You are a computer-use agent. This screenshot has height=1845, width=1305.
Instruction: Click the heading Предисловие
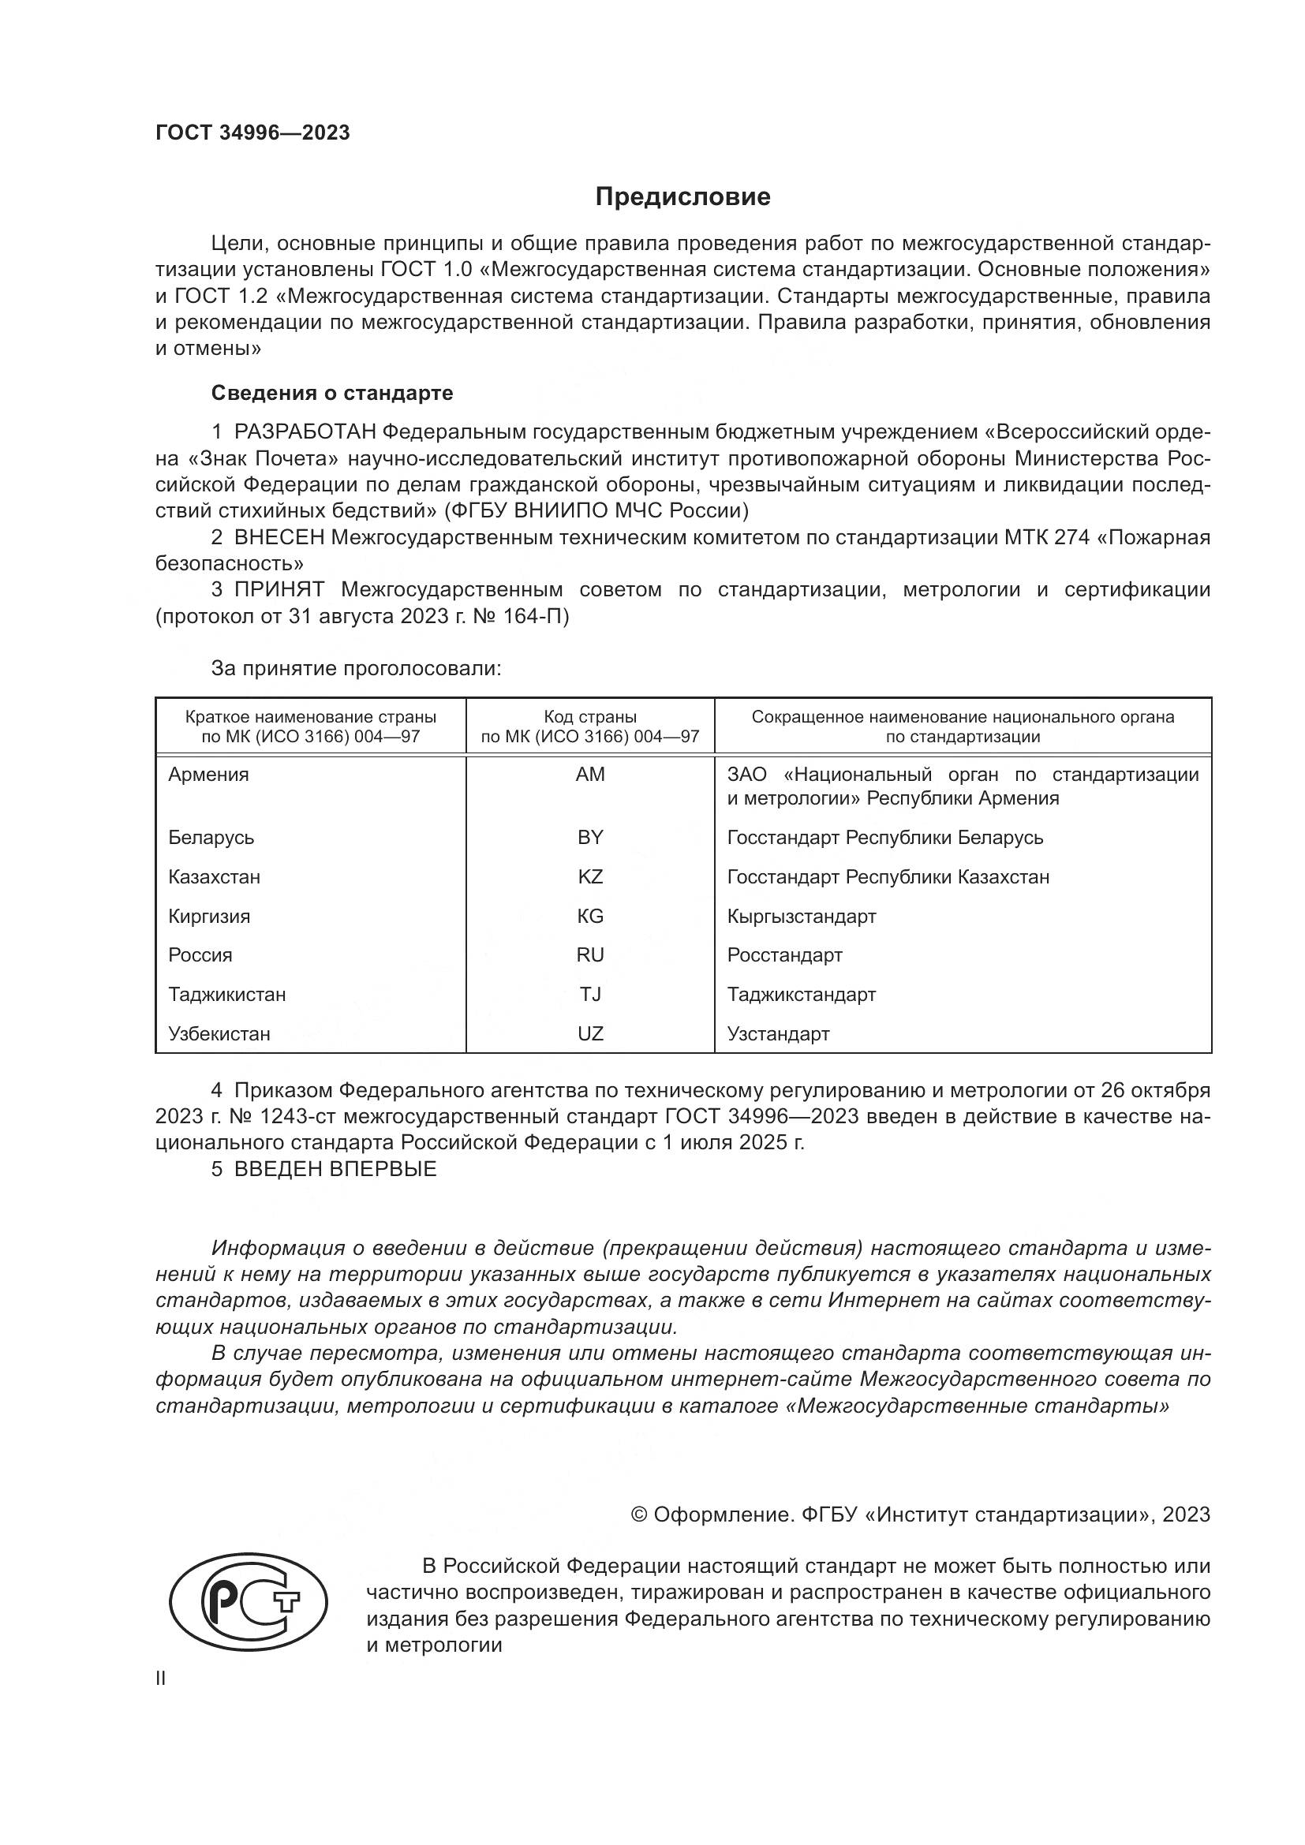click(682, 197)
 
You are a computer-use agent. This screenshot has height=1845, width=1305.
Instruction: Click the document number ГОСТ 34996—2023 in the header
click(252, 133)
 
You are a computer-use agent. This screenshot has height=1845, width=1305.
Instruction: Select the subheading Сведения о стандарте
click(332, 393)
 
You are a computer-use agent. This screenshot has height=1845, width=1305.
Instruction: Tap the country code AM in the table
click(590, 775)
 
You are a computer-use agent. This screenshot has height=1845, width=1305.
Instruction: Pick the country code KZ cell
click(590, 876)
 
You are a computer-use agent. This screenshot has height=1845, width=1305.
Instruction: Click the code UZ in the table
click(590, 1034)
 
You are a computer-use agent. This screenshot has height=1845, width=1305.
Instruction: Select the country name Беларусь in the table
click(211, 838)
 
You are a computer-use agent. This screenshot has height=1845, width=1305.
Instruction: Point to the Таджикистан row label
click(226, 995)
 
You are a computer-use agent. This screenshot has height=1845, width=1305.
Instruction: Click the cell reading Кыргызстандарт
click(801, 916)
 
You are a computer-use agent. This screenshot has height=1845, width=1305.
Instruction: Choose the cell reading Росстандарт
click(784, 955)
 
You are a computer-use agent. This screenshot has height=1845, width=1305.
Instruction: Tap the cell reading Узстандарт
click(778, 1034)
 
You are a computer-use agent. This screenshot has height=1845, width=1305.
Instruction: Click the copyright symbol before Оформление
click(639, 1514)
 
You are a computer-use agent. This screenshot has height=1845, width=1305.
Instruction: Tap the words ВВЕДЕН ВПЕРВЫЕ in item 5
click(335, 1169)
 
